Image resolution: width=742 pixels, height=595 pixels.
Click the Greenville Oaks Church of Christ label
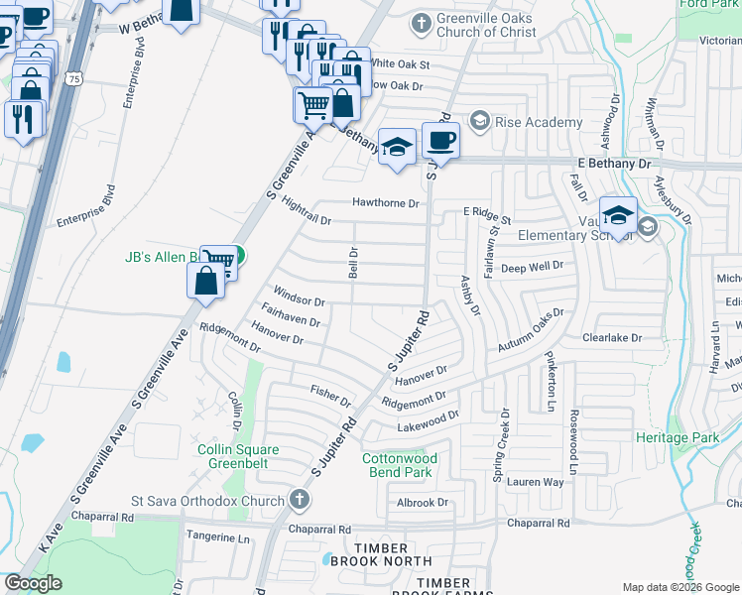pyautogui.click(x=486, y=25)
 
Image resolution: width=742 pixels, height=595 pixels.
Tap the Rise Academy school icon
pyautogui.click(x=480, y=121)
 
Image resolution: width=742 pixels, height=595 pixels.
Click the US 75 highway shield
pyautogui.click(x=73, y=77)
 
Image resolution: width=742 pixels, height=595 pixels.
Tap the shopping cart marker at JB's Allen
pyautogui.click(x=223, y=259)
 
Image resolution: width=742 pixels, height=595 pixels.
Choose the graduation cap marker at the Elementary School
pyautogui.click(x=618, y=214)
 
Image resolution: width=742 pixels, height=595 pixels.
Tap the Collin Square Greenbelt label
pyautogui.click(x=236, y=457)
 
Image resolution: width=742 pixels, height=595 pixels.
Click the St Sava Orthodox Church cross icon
pyautogui.click(x=301, y=501)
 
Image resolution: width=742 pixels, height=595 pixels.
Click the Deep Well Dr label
pyautogui.click(x=532, y=266)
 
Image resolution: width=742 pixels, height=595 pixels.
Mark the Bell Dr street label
pyautogui.click(x=352, y=264)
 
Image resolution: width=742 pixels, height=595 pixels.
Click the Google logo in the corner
pyautogui.click(x=34, y=583)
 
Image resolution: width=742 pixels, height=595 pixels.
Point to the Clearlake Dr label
pyautogui.click(x=612, y=338)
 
